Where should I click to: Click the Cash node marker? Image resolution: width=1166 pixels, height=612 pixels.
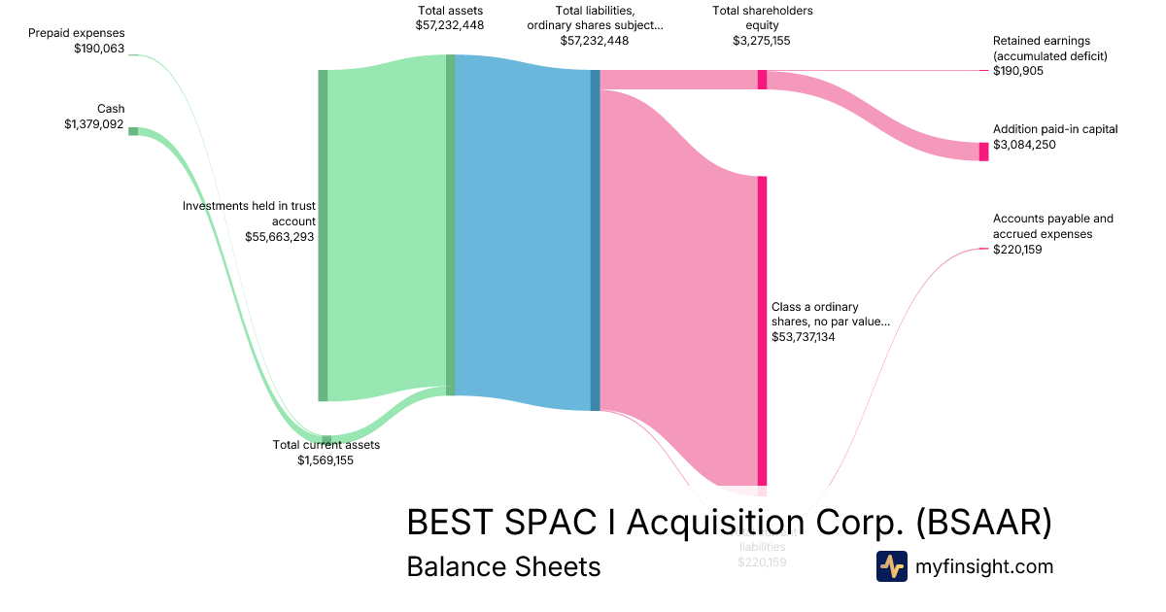tap(133, 131)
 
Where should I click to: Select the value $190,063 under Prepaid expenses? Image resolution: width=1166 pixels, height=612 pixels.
tap(99, 49)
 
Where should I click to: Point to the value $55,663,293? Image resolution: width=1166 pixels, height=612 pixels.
tap(280, 237)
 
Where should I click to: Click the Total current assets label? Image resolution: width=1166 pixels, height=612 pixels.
tap(326, 445)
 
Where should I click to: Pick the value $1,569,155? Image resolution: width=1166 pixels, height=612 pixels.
tap(326, 460)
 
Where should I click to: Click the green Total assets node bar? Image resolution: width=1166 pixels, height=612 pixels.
tap(451, 223)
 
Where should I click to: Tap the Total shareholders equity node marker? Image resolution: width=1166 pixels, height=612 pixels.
tap(763, 80)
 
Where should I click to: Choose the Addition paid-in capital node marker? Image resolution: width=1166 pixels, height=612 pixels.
tap(983, 152)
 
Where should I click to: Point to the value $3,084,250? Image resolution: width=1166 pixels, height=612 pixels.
tap(1024, 145)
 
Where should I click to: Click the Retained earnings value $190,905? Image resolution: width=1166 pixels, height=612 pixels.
tap(1018, 71)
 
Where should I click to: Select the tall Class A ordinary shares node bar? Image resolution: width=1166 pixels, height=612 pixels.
tap(763, 330)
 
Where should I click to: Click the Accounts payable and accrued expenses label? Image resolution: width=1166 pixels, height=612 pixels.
tap(1052, 226)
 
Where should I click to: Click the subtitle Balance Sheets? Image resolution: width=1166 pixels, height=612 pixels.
tap(503, 566)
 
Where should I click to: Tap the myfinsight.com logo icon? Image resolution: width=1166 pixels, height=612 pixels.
tap(892, 566)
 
